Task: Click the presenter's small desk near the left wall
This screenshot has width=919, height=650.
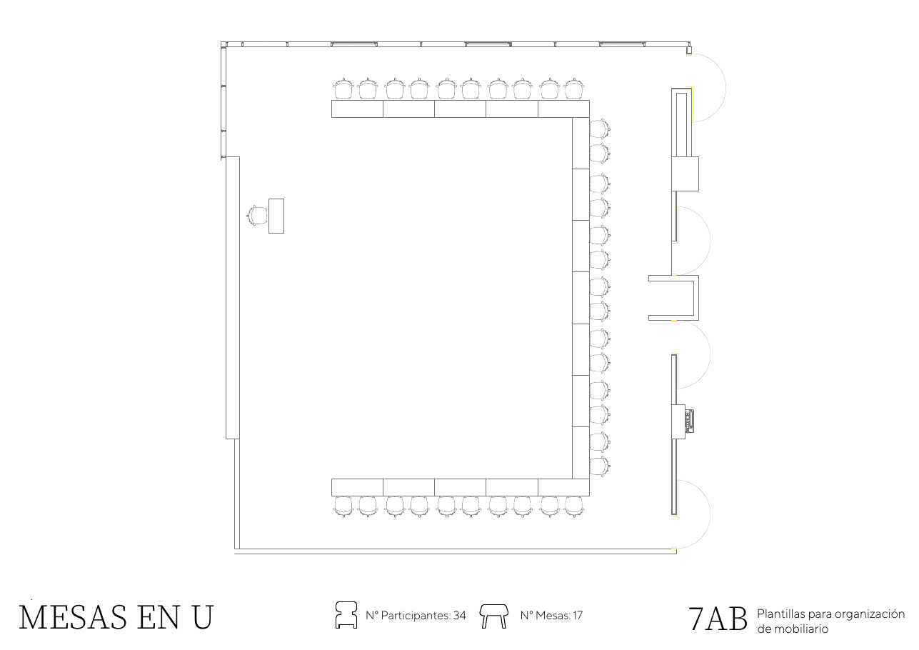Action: coord(276,216)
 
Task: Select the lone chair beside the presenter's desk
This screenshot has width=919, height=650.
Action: coord(257,216)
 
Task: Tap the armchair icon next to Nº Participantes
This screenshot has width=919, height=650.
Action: coord(346,615)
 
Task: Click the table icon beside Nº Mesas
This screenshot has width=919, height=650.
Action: coord(494,616)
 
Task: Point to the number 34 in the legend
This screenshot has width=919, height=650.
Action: coord(460,616)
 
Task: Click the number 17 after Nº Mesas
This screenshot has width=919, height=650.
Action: coord(578,616)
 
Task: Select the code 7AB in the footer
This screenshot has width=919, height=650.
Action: coord(718,619)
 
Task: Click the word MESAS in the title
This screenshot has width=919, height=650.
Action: coord(73,617)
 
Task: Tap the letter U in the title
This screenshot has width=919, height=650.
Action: coord(203,617)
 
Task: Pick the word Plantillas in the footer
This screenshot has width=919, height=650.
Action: coord(781,614)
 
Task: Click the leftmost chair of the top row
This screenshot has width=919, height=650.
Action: coord(343,89)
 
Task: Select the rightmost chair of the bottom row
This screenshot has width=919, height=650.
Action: coord(573,507)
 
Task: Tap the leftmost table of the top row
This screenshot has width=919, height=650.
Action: coord(357,109)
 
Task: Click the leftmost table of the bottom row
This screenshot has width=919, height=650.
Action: coord(357,487)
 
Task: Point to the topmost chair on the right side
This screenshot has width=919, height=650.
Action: coord(601,129)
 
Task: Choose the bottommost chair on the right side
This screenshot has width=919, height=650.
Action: coord(601,466)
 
